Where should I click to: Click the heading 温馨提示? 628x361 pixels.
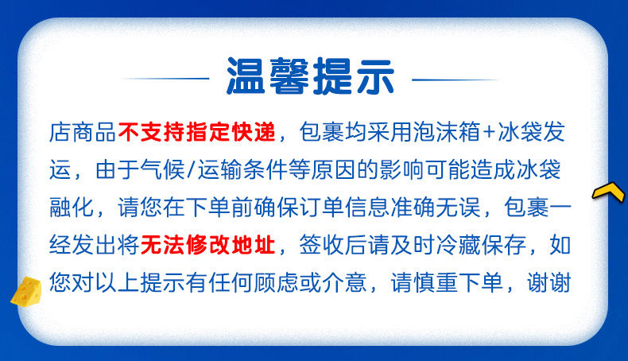tap(310, 76)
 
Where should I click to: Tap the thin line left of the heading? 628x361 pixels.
tap(165, 79)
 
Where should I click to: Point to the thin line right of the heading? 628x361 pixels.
tap(455, 80)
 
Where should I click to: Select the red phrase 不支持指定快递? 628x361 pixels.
tap(197, 132)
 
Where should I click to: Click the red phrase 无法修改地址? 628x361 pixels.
tap(207, 245)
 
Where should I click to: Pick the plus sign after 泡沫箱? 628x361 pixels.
tap(489, 132)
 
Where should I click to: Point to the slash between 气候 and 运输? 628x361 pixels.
tap(192, 169)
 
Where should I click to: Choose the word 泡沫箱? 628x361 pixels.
tap(447, 132)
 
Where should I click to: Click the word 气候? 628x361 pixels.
tap(162, 169)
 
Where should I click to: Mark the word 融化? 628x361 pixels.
tap(72, 208)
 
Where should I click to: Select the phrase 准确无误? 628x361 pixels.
tap(436, 208)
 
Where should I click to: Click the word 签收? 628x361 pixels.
tap(322, 245)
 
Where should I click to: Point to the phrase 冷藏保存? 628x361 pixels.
tap(481, 245)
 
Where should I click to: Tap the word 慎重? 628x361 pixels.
tap(436, 282)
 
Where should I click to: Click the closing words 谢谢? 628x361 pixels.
tap(549, 282)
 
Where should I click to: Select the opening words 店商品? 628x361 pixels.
tap(83, 132)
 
